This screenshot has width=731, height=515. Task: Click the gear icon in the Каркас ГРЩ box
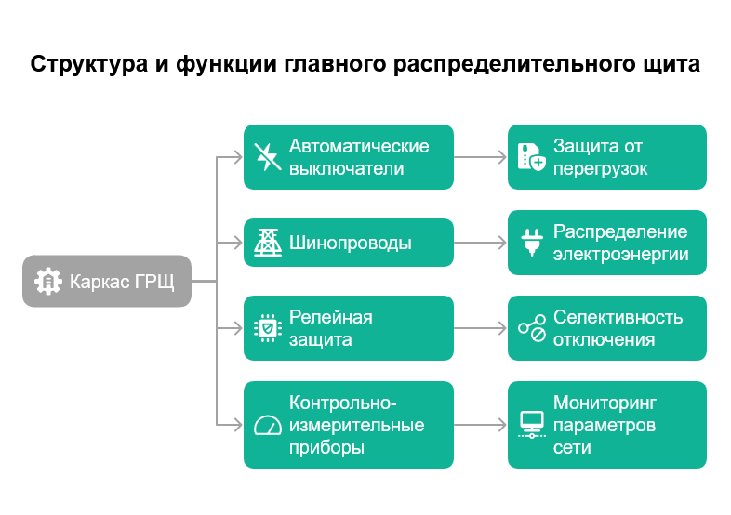pyautogui.click(x=47, y=281)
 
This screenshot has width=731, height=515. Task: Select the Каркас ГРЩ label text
pyautogui.click(x=122, y=281)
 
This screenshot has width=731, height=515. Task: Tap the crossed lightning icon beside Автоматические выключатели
pyautogui.click(x=268, y=157)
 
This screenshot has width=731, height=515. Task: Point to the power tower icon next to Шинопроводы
pyautogui.click(x=268, y=244)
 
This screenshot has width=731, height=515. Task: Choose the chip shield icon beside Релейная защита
pyautogui.click(x=268, y=328)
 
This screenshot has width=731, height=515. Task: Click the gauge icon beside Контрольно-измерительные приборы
pyautogui.click(x=268, y=425)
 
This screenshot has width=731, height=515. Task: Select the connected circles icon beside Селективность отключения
pyautogui.click(x=532, y=328)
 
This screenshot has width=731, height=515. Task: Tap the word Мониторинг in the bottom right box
pyautogui.click(x=605, y=403)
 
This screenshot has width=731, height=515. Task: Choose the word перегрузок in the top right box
pyautogui.click(x=600, y=169)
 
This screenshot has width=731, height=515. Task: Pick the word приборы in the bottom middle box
pyautogui.click(x=326, y=447)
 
